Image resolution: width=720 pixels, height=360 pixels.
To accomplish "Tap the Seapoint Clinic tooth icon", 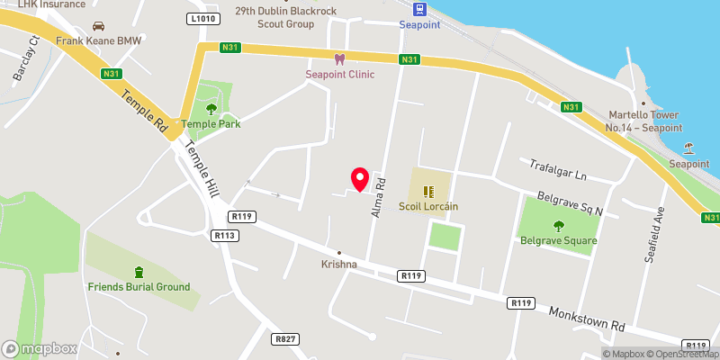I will [339, 59].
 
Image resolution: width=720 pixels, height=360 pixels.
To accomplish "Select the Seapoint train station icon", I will [419, 10].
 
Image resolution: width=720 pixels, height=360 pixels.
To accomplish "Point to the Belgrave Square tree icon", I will [558, 226].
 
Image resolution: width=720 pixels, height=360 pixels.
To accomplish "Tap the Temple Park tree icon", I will [211, 109].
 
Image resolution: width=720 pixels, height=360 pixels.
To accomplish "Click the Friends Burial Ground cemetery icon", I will [139, 272].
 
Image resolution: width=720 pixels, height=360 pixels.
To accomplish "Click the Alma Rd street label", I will [379, 197].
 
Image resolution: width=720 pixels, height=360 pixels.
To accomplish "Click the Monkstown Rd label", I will [587, 318].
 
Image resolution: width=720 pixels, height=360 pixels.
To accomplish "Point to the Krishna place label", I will [339, 265].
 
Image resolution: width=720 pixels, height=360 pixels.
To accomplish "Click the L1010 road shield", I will [204, 17].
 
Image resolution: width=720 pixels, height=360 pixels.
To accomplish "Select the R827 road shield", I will [285, 339].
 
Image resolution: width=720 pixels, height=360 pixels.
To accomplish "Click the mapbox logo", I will [40, 348].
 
